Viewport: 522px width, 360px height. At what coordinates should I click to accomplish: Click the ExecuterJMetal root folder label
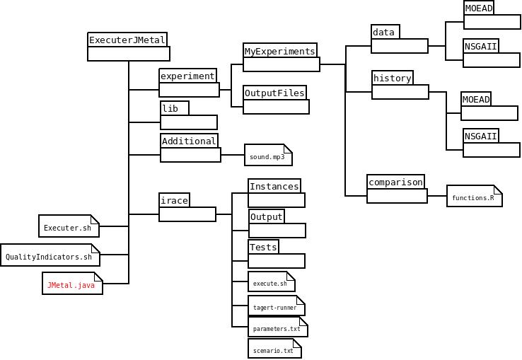[x=127, y=40]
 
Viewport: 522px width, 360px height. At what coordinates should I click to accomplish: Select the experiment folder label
[x=187, y=76]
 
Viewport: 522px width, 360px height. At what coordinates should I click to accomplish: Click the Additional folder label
[x=189, y=141]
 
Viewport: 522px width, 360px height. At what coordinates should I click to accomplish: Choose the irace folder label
[x=174, y=200]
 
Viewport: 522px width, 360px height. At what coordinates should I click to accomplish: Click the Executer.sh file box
[x=69, y=227]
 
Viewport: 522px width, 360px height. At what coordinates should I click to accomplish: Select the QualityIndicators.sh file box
[x=50, y=256]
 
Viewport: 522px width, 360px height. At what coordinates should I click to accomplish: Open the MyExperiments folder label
[x=279, y=51]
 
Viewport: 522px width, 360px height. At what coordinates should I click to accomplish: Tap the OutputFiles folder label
[x=274, y=93]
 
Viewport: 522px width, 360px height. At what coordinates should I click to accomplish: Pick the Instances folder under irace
[x=274, y=185]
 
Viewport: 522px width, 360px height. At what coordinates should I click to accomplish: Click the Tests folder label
[x=263, y=247]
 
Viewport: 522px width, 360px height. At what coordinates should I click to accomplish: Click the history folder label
[x=392, y=78]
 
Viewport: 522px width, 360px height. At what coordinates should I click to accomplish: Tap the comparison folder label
[x=395, y=182]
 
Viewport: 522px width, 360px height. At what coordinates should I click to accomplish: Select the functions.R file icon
[x=474, y=197]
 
